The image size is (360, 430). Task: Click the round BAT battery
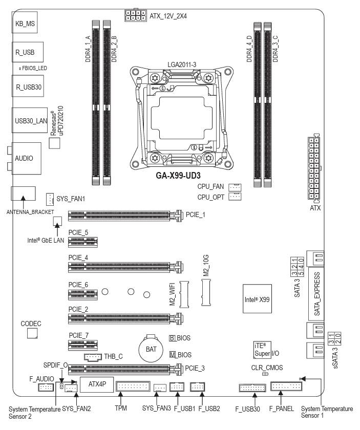[x=151, y=349]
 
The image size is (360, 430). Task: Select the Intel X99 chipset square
[x=257, y=298]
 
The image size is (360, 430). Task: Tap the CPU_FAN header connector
[x=235, y=187]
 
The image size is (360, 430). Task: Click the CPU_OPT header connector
[x=235, y=197]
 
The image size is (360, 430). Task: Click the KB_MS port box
[x=25, y=23]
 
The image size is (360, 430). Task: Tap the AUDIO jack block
[x=26, y=158]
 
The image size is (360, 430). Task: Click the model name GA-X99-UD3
[x=178, y=176]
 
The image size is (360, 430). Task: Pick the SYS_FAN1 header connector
[x=50, y=199]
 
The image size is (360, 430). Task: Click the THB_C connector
[x=93, y=357]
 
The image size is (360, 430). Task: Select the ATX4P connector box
[x=97, y=384]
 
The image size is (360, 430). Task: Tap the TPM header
[x=133, y=386]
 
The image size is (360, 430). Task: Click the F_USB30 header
[x=252, y=388]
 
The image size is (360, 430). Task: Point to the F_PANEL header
[x=286, y=386]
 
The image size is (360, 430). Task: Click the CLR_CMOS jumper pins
[x=265, y=374]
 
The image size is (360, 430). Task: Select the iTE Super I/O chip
[x=262, y=350]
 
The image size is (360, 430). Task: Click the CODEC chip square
[x=32, y=333]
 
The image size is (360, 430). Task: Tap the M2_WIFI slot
[x=184, y=294]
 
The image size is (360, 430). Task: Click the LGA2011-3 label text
[x=182, y=64]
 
